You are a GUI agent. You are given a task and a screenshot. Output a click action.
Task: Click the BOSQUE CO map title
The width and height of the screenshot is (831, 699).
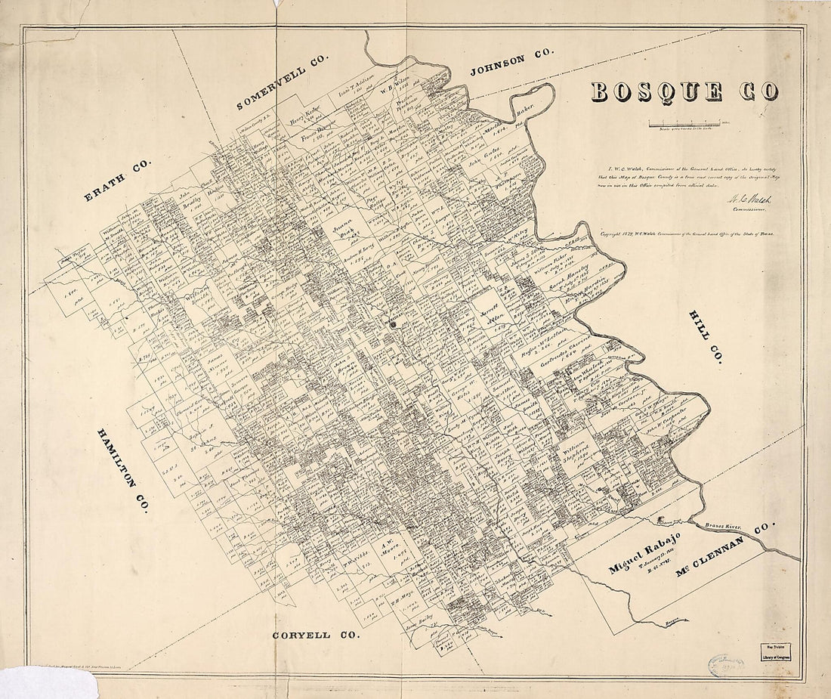[684, 91]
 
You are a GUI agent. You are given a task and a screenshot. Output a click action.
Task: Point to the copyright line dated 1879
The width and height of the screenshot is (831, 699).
[687, 235]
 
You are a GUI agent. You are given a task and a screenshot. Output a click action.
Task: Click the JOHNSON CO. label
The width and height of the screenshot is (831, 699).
[512, 62]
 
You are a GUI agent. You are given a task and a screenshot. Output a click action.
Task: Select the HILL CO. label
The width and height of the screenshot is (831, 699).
[704, 337]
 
